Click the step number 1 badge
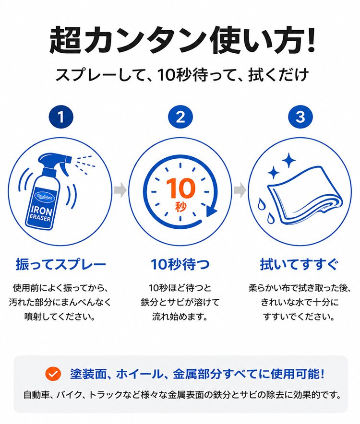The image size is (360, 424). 61,117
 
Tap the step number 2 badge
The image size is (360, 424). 180,117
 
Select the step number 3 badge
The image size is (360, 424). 300,117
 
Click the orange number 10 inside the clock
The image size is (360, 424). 180,188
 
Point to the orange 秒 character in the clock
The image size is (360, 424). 180,207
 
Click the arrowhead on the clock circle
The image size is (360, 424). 211,210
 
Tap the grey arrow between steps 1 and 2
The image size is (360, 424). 120,190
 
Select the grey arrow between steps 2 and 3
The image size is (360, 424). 240,190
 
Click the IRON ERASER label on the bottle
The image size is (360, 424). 41,213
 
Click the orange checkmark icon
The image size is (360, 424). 53,374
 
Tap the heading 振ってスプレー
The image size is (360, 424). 60,264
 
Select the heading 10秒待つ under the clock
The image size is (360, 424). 180,264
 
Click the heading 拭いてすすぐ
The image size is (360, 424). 300,264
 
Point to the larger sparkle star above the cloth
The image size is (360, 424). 289,160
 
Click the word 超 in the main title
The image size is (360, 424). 65,39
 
